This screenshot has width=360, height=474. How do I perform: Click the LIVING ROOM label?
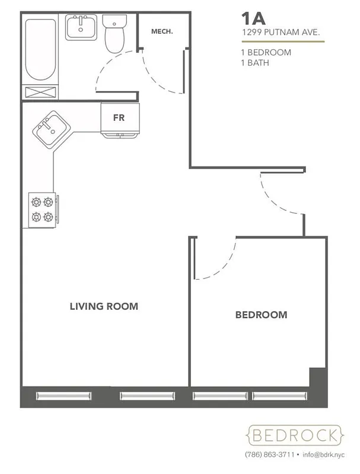tap(104, 306)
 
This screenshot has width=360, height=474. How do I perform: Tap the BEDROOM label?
tap(261, 315)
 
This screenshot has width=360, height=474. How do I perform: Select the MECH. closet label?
tap(162, 31)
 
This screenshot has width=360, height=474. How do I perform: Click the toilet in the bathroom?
tap(113, 34)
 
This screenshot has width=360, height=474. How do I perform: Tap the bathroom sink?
tap(80, 27)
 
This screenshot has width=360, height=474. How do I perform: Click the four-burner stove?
tap(42, 209)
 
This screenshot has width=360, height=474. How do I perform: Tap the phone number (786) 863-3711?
tap(269, 455)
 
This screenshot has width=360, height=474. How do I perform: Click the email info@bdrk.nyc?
tap(322, 455)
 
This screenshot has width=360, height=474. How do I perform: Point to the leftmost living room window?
tap(64, 395)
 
